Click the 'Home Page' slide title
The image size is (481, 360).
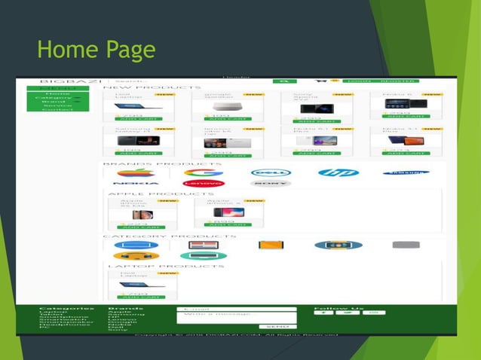96,50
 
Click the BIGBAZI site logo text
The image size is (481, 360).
67,81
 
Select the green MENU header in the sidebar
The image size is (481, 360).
58,88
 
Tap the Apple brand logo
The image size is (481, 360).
136,172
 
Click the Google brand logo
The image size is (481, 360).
204,172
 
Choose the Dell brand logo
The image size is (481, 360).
271,172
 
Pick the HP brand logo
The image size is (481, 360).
338,172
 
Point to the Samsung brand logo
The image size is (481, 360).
405,172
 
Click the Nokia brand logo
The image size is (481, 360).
136,183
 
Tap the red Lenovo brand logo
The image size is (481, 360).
204,183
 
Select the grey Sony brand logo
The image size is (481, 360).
271,183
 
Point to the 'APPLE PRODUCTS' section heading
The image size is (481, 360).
151,194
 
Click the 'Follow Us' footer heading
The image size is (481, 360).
339,308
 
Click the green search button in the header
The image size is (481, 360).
284,81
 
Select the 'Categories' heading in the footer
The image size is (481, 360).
66,308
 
